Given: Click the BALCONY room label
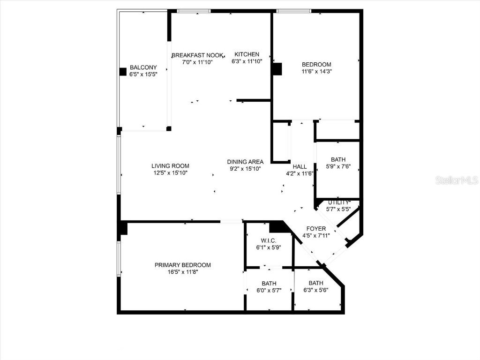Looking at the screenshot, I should pyautogui.click(x=143, y=67).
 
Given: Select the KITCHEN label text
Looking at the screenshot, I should pyautogui.click(x=247, y=54).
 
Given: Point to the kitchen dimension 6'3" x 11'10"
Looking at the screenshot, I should pyautogui.click(x=247, y=61).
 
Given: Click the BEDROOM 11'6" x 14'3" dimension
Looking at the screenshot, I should pyautogui.click(x=316, y=72).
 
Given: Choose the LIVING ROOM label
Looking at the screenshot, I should pyautogui.click(x=170, y=166).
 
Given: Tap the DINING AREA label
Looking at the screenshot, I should pyautogui.click(x=245, y=162).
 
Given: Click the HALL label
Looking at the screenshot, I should pyautogui.click(x=300, y=166).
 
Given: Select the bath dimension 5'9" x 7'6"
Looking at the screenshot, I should pyautogui.click(x=338, y=166).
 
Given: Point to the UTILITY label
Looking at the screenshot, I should pyautogui.click(x=338, y=202).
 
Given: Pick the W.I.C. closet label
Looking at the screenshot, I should pyautogui.click(x=268, y=240).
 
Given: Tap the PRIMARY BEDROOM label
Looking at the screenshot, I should pyautogui.click(x=183, y=265).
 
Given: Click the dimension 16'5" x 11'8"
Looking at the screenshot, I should pyautogui.click(x=183, y=272).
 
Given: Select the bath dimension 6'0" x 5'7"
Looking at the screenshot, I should pyautogui.click(x=269, y=291).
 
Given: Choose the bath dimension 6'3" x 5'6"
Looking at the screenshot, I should pyautogui.click(x=316, y=290).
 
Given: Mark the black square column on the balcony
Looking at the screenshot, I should pyautogui.click(x=123, y=72).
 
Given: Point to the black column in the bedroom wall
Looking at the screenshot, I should pyautogui.click(x=277, y=69).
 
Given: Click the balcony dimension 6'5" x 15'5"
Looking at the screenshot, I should pyautogui.click(x=143, y=75).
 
